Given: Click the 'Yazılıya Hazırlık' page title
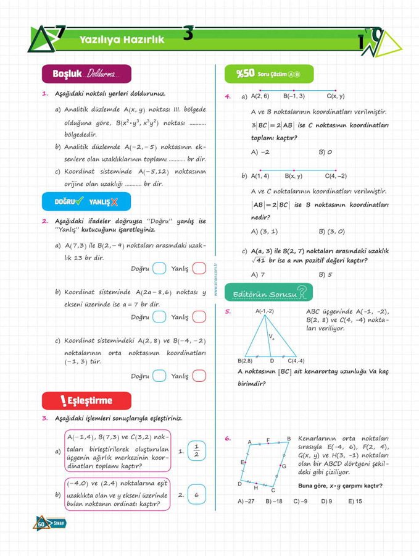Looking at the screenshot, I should pyautogui.click(x=122, y=40).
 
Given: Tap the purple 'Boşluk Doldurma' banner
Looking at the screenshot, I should pyautogui.click(x=86, y=74).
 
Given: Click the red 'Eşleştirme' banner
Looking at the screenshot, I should pyautogui.click(x=86, y=401).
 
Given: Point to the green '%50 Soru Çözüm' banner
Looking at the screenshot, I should pyautogui.click(x=269, y=74).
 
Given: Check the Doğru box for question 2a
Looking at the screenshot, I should pyautogui.click(x=159, y=268).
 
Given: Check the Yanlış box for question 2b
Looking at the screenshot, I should pyautogui.click(x=199, y=317).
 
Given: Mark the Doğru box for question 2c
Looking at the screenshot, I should pyautogui.click(x=159, y=376).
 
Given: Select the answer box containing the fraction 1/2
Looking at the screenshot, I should pyautogui.click(x=196, y=451).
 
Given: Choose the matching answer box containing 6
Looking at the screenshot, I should pyautogui.click(x=196, y=495).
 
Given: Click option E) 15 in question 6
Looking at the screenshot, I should pyautogui.click(x=355, y=501).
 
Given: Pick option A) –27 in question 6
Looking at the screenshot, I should pyautogui.click(x=246, y=501).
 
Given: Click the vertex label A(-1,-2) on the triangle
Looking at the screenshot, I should pyautogui.click(x=265, y=311).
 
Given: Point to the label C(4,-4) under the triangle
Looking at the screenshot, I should pyautogui.click(x=296, y=361).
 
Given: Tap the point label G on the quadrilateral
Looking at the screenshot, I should pyautogui.click(x=283, y=466).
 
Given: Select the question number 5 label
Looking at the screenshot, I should pyautogui.click(x=228, y=312).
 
